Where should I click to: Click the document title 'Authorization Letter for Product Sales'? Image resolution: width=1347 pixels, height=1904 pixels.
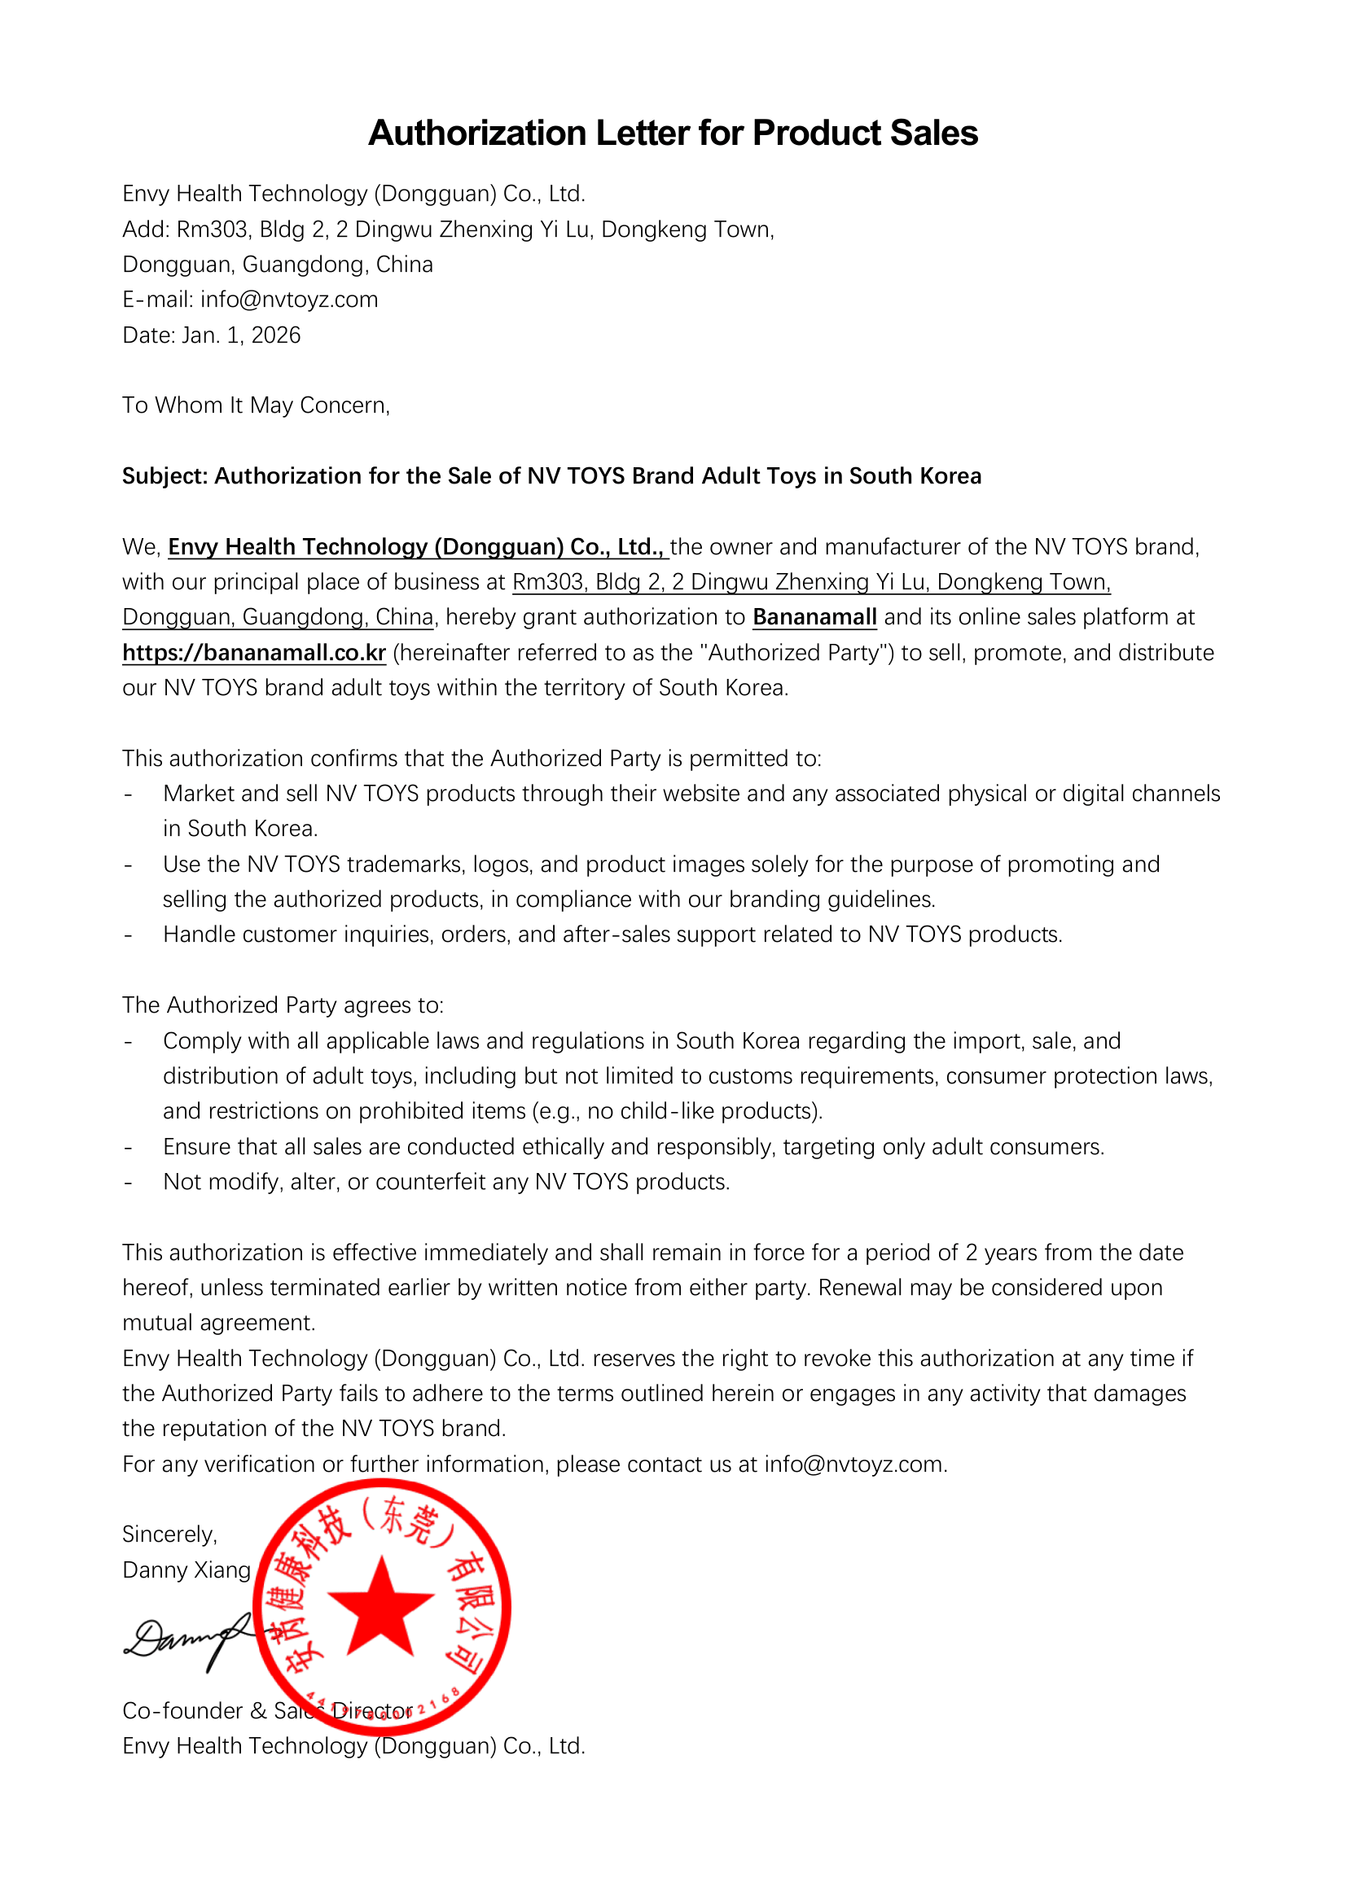pyautogui.click(x=673, y=133)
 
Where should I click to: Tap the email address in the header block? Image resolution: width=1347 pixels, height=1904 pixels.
pyautogui.click(x=288, y=300)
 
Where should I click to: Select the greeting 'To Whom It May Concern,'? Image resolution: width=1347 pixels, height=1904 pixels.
pyautogui.click(x=256, y=405)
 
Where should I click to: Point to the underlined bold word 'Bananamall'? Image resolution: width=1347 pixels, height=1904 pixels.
pyautogui.click(x=814, y=617)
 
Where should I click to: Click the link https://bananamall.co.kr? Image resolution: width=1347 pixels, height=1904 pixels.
pyautogui.click(x=254, y=653)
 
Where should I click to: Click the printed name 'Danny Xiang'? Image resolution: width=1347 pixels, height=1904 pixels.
pyautogui.click(x=186, y=1569)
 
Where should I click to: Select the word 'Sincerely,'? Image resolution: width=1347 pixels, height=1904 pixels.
pyautogui.click(x=169, y=1534)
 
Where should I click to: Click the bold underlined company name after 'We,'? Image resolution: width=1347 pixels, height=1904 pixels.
pyautogui.click(x=416, y=546)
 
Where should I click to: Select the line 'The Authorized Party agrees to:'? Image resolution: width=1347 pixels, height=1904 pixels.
pyautogui.click(x=283, y=1005)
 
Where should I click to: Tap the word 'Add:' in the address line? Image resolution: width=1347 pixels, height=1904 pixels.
pyautogui.click(x=146, y=229)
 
